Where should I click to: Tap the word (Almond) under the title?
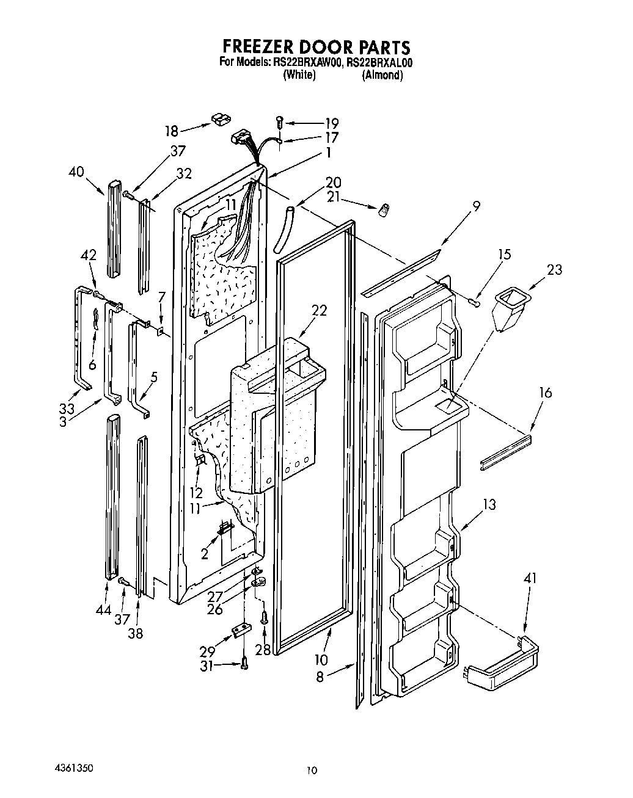382,75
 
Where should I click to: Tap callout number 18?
171,131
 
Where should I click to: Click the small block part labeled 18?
219,117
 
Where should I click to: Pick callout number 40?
76,172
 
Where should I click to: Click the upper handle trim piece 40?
115,229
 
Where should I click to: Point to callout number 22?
318,311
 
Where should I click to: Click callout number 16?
545,393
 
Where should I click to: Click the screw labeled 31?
244,663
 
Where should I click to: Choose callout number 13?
489,505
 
